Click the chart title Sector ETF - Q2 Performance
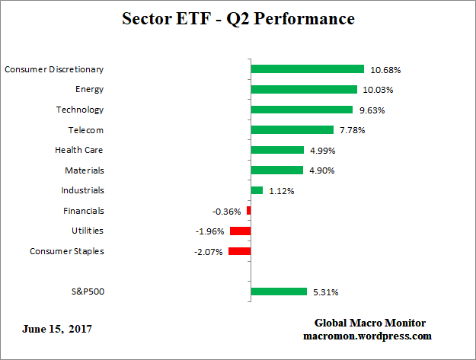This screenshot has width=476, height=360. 238,18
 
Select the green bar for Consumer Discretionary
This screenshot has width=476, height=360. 307,69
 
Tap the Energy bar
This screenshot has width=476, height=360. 303,90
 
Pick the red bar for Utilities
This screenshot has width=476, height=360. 240,231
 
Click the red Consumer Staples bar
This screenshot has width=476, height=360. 239,251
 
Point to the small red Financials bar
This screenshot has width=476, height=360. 248,211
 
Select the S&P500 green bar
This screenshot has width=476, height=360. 279,292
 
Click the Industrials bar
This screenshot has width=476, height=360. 257,190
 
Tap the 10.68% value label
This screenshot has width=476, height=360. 385,70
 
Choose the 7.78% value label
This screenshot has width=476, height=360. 353,130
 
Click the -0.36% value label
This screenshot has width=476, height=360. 227,212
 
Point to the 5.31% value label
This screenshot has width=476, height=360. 325,292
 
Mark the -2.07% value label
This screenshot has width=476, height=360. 208,252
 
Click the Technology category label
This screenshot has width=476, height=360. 80,110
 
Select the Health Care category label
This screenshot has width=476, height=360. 79,150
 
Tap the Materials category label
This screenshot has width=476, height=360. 85,170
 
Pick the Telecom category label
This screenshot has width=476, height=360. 86,130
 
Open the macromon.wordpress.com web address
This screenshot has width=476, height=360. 366,336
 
